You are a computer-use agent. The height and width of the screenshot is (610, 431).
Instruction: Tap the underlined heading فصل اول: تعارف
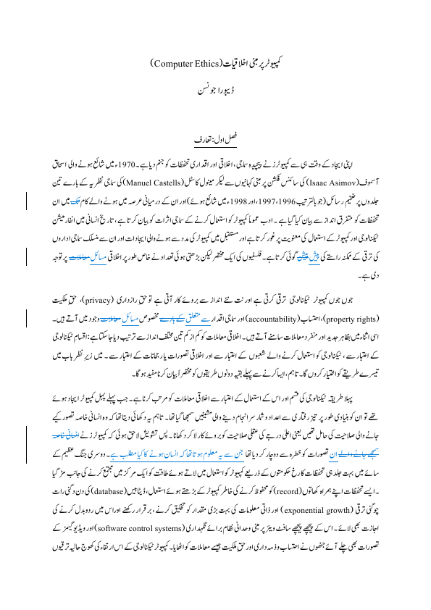point(216,136)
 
